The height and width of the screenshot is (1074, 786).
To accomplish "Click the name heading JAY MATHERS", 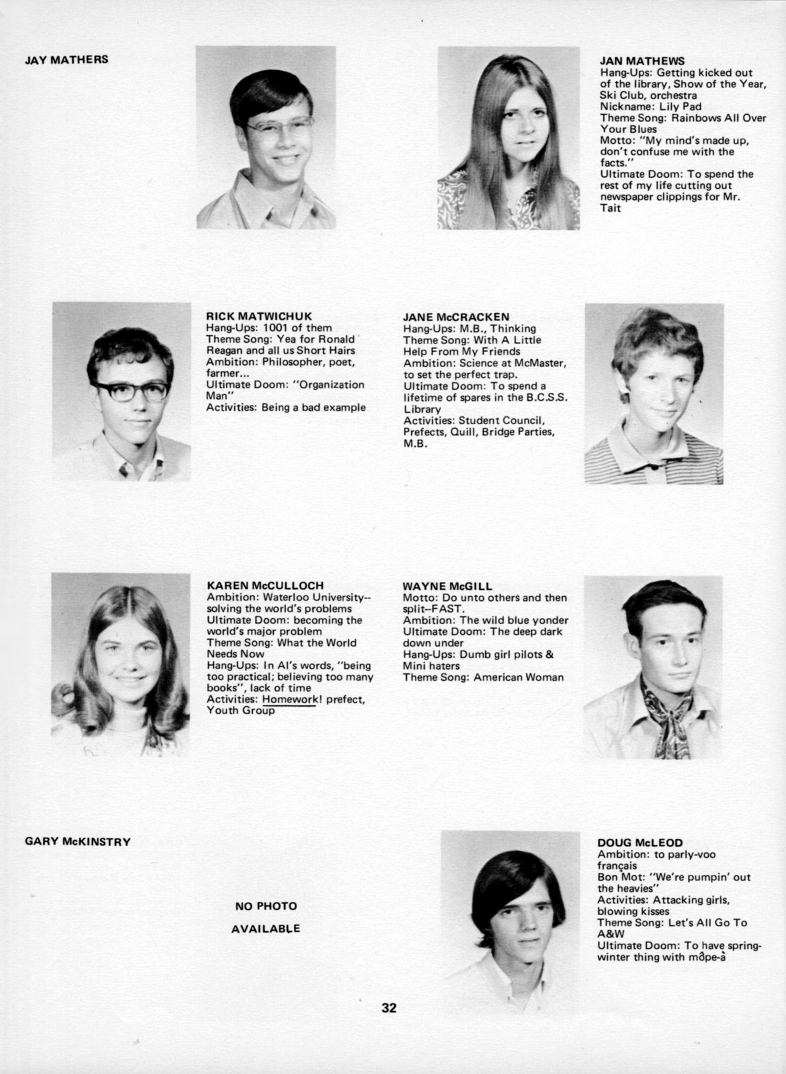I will click(x=67, y=59).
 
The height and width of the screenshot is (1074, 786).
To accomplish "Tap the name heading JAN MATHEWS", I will click(x=642, y=61).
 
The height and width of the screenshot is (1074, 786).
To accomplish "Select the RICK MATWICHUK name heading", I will click(x=259, y=316).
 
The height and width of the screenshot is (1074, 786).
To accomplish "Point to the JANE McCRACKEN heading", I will click(x=456, y=316).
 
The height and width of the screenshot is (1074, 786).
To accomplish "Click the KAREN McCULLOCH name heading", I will click(x=265, y=585).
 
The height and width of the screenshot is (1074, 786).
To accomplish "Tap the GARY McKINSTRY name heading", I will click(x=78, y=842).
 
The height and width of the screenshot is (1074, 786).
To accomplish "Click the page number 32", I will click(x=389, y=1007).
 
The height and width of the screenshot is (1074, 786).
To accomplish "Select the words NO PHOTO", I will click(x=266, y=906).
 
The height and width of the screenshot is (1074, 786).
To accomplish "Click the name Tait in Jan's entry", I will click(x=610, y=208).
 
